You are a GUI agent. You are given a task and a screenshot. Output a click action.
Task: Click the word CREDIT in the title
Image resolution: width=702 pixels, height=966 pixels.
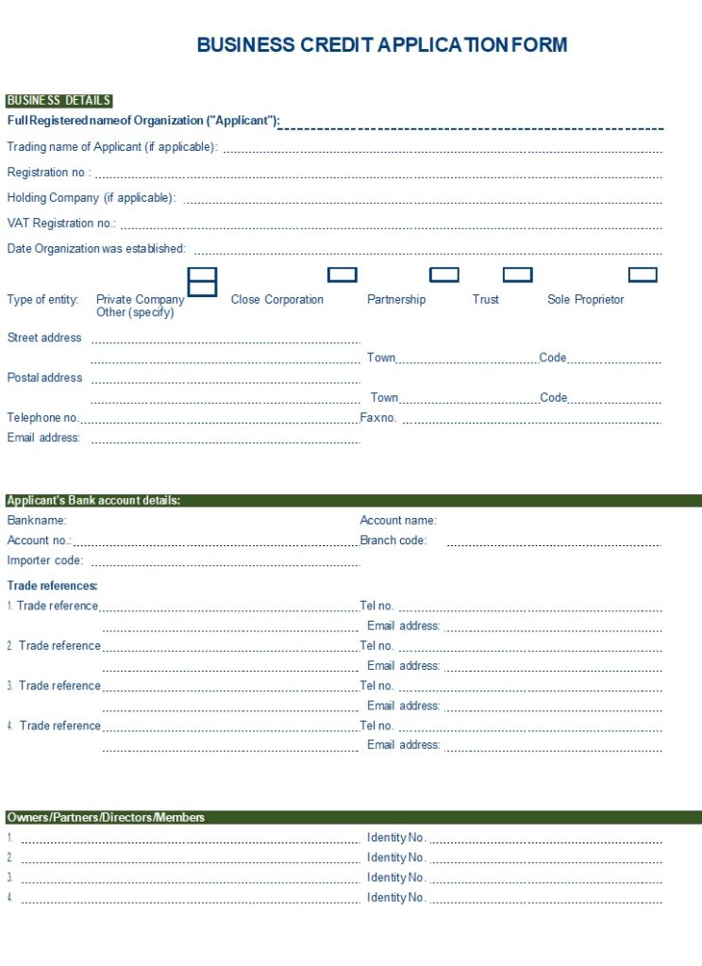tap(335, 44)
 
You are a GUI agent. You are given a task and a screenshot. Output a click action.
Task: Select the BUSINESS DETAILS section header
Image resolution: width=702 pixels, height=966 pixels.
tap(58, 101)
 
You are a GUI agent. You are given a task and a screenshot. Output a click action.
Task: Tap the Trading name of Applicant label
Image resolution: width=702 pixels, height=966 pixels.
tap(112, 147)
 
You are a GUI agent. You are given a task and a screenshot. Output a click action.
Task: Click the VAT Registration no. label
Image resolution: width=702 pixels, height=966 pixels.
tap(61, 224)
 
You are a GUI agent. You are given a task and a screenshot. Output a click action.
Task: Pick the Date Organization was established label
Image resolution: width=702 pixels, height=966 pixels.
tap(96, 249)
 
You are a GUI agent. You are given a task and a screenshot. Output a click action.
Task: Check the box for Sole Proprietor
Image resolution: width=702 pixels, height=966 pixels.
tap(643, 275)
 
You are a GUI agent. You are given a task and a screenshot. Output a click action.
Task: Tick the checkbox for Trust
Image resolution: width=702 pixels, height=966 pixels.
tap(517, 275)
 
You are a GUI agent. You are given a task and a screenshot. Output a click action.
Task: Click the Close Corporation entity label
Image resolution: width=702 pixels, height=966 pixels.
tap(277, 300)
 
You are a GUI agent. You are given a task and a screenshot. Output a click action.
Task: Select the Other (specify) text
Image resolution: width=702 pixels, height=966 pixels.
tap(135, 312)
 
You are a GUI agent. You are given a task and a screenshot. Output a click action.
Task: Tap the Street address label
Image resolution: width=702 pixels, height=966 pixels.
tap(44, 338)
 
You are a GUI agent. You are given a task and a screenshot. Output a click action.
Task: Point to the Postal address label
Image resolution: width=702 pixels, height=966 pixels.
tap(44, 378)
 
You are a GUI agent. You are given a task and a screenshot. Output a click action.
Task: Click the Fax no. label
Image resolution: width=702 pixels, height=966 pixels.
tap(378, 418)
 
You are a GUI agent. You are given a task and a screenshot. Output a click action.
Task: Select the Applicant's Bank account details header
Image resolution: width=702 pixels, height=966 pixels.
tap(93, 501)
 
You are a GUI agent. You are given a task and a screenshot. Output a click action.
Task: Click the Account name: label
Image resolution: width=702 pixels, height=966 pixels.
tap(398, 521)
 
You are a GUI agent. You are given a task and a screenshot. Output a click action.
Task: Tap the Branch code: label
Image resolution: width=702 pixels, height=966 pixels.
tap(393, 541)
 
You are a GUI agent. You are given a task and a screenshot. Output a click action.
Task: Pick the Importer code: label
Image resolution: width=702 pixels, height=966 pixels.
tap(45, 560)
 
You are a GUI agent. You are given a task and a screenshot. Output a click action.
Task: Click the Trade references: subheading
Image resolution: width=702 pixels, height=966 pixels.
tap(53, 586)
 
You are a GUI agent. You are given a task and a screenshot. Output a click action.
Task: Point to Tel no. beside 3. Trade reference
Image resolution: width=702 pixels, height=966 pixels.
tap(376, 686)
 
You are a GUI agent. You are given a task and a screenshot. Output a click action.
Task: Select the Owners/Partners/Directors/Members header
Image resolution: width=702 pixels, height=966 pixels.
tap(106, 818)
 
